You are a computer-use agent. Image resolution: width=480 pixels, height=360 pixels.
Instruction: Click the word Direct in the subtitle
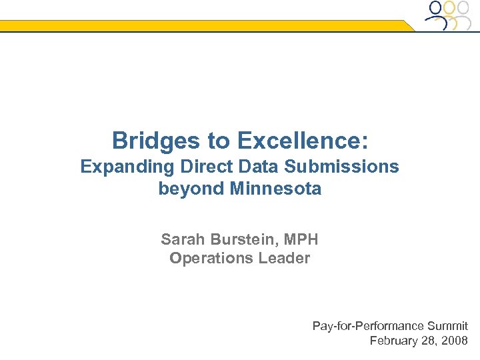click(x=195, y=167)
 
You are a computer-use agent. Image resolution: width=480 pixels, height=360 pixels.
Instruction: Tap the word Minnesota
click(x=275, y=189)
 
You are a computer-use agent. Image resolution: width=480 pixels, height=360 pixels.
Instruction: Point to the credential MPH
click(x=301, y=239)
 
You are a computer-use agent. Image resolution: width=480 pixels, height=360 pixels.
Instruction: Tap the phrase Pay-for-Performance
click(x=368, y=326)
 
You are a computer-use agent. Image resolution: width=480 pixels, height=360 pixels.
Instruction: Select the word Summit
click(x=447, y=326)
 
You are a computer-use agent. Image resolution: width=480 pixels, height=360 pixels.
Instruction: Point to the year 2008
click(x=455, y=341)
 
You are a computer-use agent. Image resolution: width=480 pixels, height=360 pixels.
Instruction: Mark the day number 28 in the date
click(x=429, y=341)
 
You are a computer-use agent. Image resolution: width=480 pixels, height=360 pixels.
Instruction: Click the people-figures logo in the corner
click(x=450, y=15)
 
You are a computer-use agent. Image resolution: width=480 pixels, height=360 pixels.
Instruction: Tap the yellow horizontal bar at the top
click(x=200, y=26)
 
